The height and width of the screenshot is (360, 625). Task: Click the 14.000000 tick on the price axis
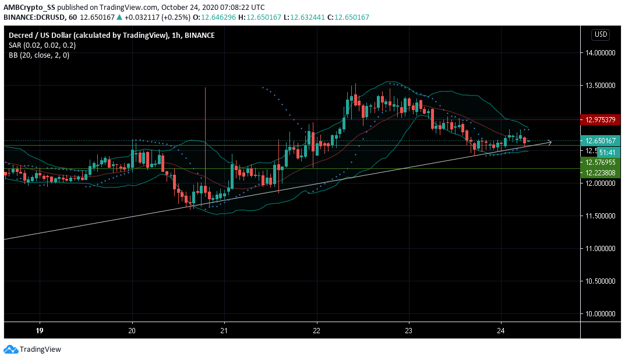601,53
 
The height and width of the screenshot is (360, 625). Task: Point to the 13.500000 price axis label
601,86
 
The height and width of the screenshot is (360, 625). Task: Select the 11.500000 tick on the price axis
601,216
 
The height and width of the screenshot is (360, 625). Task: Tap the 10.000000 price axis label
601,314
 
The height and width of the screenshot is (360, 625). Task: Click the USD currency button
601,34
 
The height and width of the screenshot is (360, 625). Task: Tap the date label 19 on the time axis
40,330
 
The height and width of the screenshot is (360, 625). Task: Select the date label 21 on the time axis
224,330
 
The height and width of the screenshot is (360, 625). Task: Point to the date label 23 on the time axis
408,330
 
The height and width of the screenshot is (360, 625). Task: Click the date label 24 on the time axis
500,330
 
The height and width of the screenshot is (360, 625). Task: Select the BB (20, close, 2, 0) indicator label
38,55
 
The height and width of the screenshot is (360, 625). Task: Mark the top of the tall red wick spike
206,87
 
